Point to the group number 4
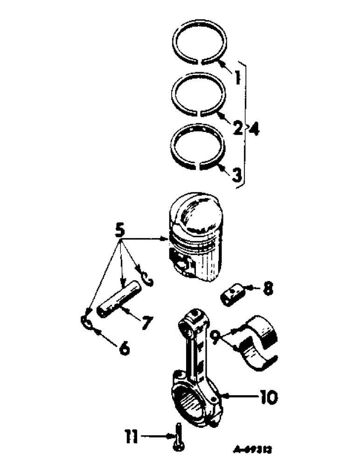click(254, 127)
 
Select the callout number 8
click(267, 289)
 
